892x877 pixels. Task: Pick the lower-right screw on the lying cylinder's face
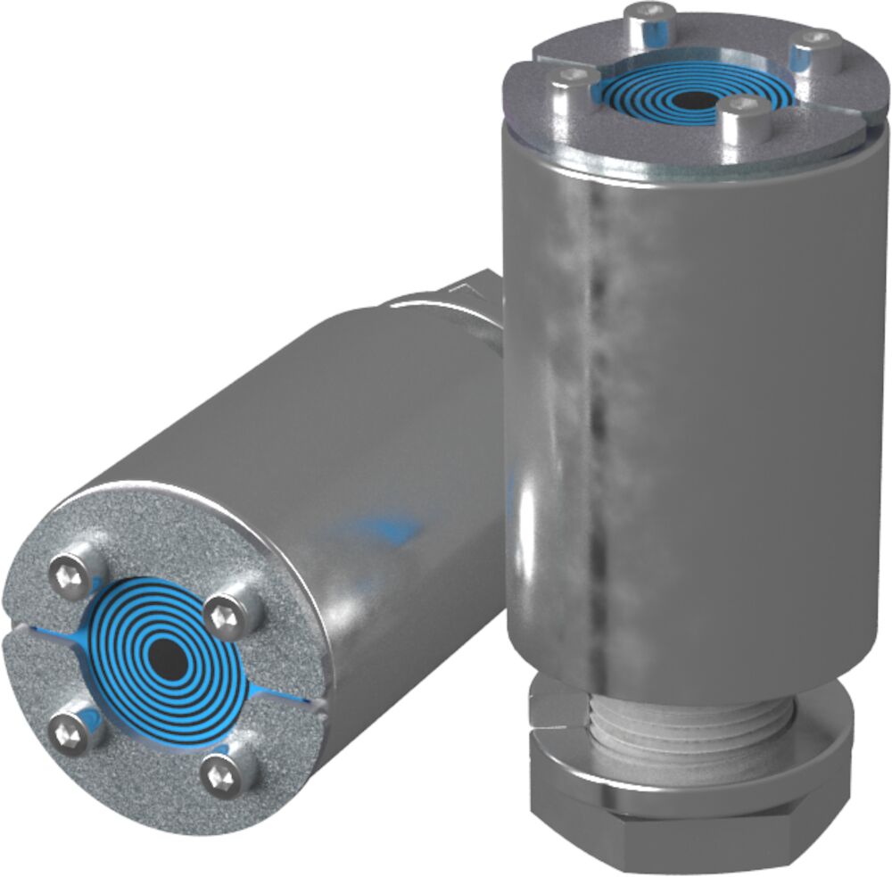click(221, 774)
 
